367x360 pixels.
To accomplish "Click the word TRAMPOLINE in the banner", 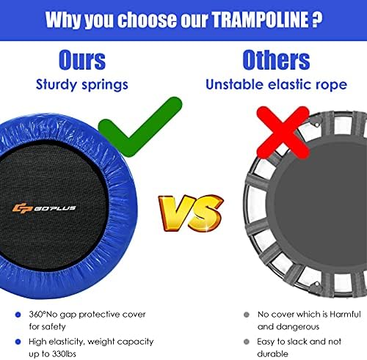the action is coord(260,20).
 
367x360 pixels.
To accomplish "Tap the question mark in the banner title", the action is coord(317,19).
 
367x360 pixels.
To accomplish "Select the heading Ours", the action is coord(82,60).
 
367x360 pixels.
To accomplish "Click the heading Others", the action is coord(276,60).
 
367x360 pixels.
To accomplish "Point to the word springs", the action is coord(105,86).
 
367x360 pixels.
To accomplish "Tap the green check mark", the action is coord(140,127).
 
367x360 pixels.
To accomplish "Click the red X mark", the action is coord(283,133).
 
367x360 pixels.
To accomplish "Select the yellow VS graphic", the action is coord(191,213).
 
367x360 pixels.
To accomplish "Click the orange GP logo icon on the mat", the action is coord(23,208).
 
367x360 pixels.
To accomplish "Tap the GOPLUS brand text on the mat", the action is coord(55,208).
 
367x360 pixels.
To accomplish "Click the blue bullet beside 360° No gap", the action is coord(18,315).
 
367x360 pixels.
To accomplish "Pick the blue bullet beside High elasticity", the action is coord(18,342).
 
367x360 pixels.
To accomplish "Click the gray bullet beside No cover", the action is coord(247,315).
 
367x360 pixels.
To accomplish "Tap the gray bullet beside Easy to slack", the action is coord(247,342).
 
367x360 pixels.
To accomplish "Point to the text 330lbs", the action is coord(64,353).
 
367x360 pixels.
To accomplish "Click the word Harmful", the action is coord(345,314).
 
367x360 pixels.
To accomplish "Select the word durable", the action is coord(272,353).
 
